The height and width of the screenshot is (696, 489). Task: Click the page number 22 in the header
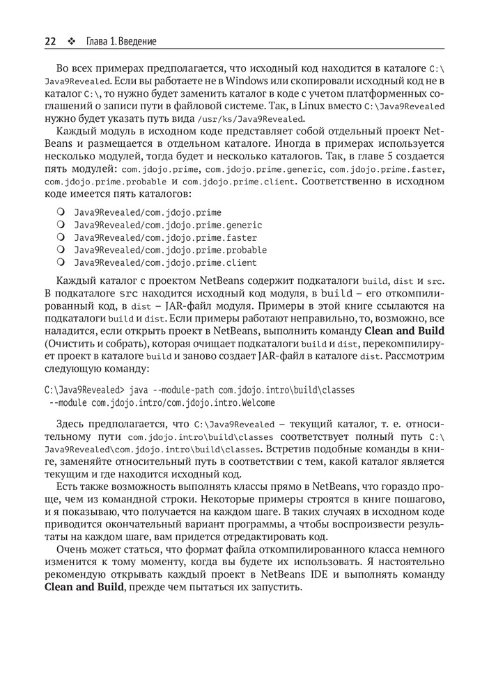click(50, 41)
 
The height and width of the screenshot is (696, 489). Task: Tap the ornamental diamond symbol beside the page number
click(71, 41)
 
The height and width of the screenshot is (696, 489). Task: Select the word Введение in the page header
click(137, 41)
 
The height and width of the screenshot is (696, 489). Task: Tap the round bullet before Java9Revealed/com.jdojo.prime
click(61, 212)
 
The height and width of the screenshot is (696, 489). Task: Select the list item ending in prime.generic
click(168, 225)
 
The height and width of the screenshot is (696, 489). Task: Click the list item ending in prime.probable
click(170, 250)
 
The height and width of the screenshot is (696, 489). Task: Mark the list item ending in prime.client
click(166, 262)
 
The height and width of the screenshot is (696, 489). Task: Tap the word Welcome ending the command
click(256, 402)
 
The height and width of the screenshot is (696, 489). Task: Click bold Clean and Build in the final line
click(84, 587)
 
